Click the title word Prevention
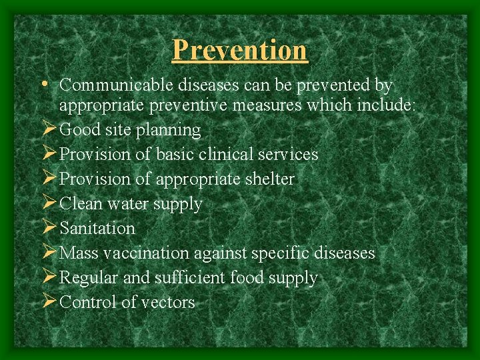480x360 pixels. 240,50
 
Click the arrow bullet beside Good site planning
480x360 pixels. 49,129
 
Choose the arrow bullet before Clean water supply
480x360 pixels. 49,203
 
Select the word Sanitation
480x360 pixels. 97,228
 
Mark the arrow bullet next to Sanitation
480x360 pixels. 49,228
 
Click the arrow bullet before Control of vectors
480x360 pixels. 49,302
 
